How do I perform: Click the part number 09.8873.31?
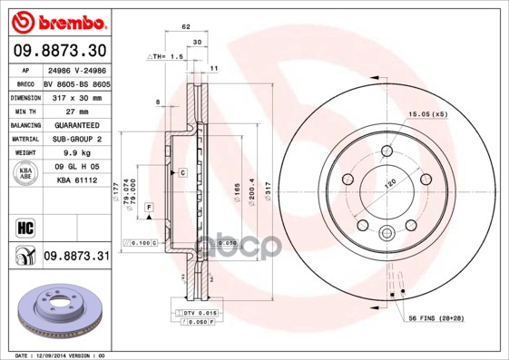point(76,257)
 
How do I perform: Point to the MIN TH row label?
point(24,111)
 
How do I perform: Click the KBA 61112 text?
point(76,180)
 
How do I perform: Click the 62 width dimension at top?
point(186,27)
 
